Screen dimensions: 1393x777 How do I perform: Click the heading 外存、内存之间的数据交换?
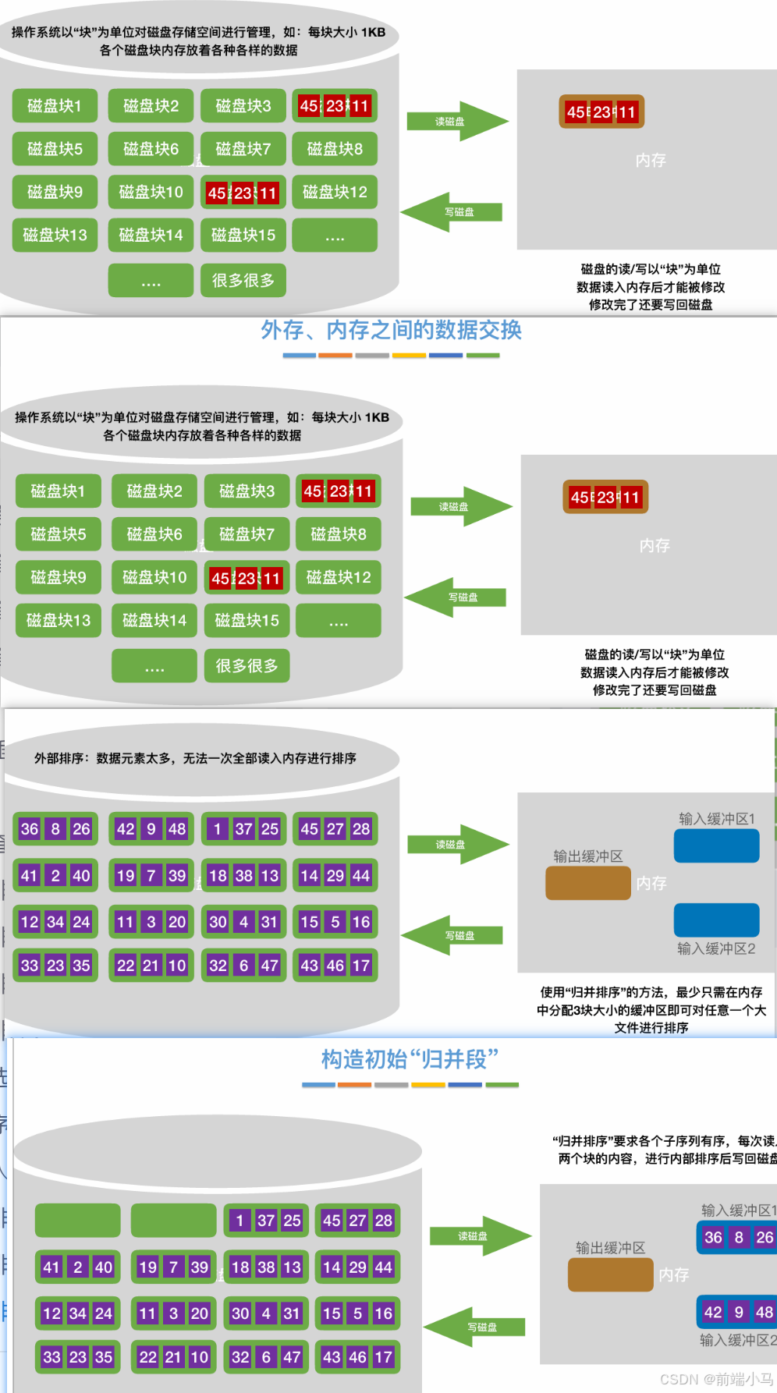[391, 331]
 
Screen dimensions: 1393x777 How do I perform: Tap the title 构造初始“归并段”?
[410, 1059]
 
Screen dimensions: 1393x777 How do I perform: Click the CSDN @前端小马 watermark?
[716, 1379]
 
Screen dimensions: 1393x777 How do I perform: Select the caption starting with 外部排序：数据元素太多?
[195, 758]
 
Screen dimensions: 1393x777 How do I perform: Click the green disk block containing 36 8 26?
[55, 829]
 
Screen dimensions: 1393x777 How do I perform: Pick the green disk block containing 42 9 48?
[151, 829]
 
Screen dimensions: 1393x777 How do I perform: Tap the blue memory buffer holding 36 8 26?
[737, 1237]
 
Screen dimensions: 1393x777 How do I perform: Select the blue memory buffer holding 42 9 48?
[737, 1312]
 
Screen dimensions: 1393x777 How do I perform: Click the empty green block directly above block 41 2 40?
[78, 1221]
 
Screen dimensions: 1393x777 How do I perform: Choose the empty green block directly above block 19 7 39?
[173, 1221]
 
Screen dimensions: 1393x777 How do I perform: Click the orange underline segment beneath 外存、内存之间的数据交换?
[335, 356]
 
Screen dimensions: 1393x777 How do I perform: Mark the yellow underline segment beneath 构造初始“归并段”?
[428, 1085]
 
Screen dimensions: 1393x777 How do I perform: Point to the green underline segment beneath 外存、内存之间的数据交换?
[483, 356]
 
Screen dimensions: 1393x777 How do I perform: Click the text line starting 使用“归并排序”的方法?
[651, 992]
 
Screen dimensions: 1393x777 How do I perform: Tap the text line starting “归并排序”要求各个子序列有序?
[663, 1140]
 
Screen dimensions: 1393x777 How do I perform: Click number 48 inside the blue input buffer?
[765, 1312]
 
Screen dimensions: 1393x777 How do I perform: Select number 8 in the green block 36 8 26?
[55, 829]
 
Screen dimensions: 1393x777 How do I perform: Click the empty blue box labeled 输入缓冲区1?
[716, 846]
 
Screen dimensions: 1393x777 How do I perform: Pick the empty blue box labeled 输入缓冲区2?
[716, 920]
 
